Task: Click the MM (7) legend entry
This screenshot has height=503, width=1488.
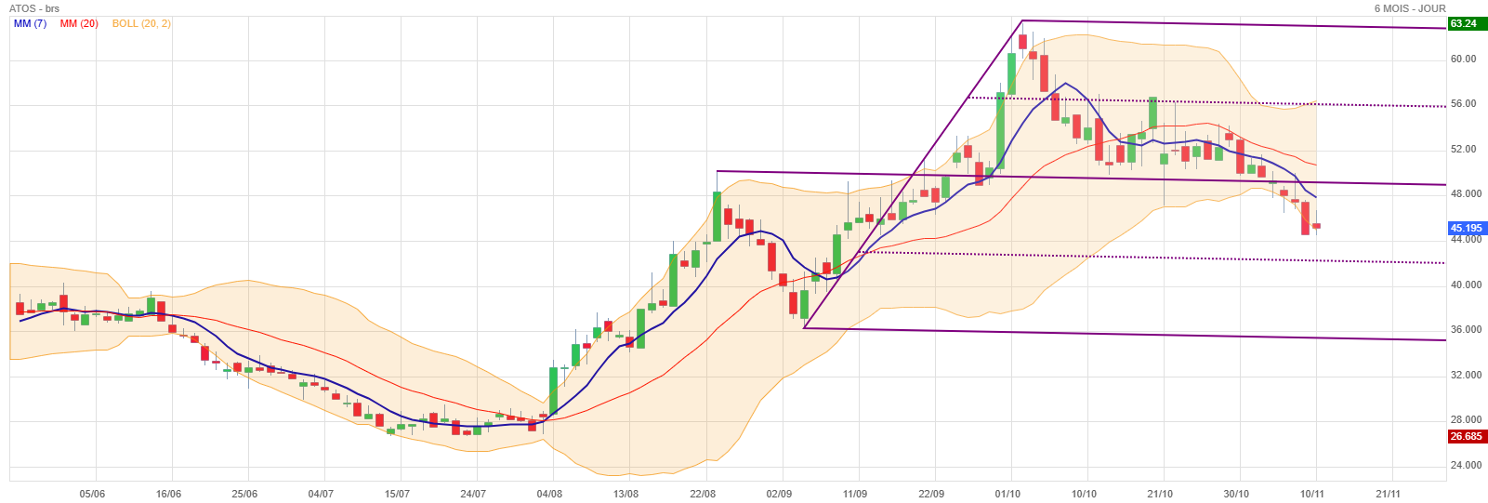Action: pyautogui.click(x=30, y=23)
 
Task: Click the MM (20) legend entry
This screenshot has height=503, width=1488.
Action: pyautogui.click(x=79, y=23)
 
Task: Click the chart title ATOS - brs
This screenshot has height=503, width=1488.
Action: pyautogui.click(x=34, y=8)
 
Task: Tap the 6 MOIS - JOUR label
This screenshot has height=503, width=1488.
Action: pyautogui.click(x=1410, y=8)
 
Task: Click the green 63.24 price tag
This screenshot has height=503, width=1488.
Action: pyautogui.click(x=1463, y=23)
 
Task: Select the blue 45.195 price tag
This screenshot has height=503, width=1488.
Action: pyautogui.click(x=1466, y=228)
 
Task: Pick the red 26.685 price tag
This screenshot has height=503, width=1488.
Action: pyautogui.click(x=1466, y=436)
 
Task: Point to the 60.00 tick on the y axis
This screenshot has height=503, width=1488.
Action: pyautogui.click(x=1463, y=59)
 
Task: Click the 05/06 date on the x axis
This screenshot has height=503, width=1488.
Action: pyautogui.click(x=92, y=494)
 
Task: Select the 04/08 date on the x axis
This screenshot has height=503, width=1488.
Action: pyautogui.click(x=549, y=494)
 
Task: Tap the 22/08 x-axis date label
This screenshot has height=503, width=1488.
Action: pyautogui.click(x=703, y=494)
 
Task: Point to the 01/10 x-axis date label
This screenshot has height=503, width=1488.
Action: pyautogui.click(x=1007, y=494)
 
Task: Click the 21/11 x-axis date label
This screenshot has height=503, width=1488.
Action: pyautogui.click(x=1389, y=494)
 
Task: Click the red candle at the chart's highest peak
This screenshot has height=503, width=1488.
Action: pyautogui.click(x=1022, y=42)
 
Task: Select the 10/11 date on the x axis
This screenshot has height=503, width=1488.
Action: pyautogui.click(x=1312, y=494)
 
